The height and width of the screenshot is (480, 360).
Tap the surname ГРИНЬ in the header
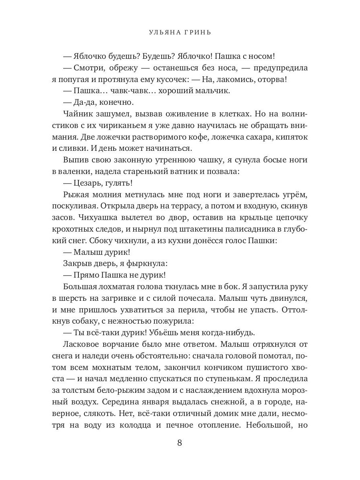(198, 32)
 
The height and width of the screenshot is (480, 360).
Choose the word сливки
(73, 148)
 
